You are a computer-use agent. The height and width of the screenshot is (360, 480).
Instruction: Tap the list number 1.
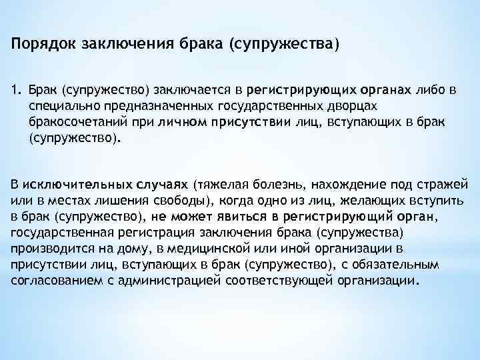click(x=15, y=89)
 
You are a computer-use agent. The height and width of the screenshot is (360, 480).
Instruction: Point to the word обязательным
click(x=427, y=264)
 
